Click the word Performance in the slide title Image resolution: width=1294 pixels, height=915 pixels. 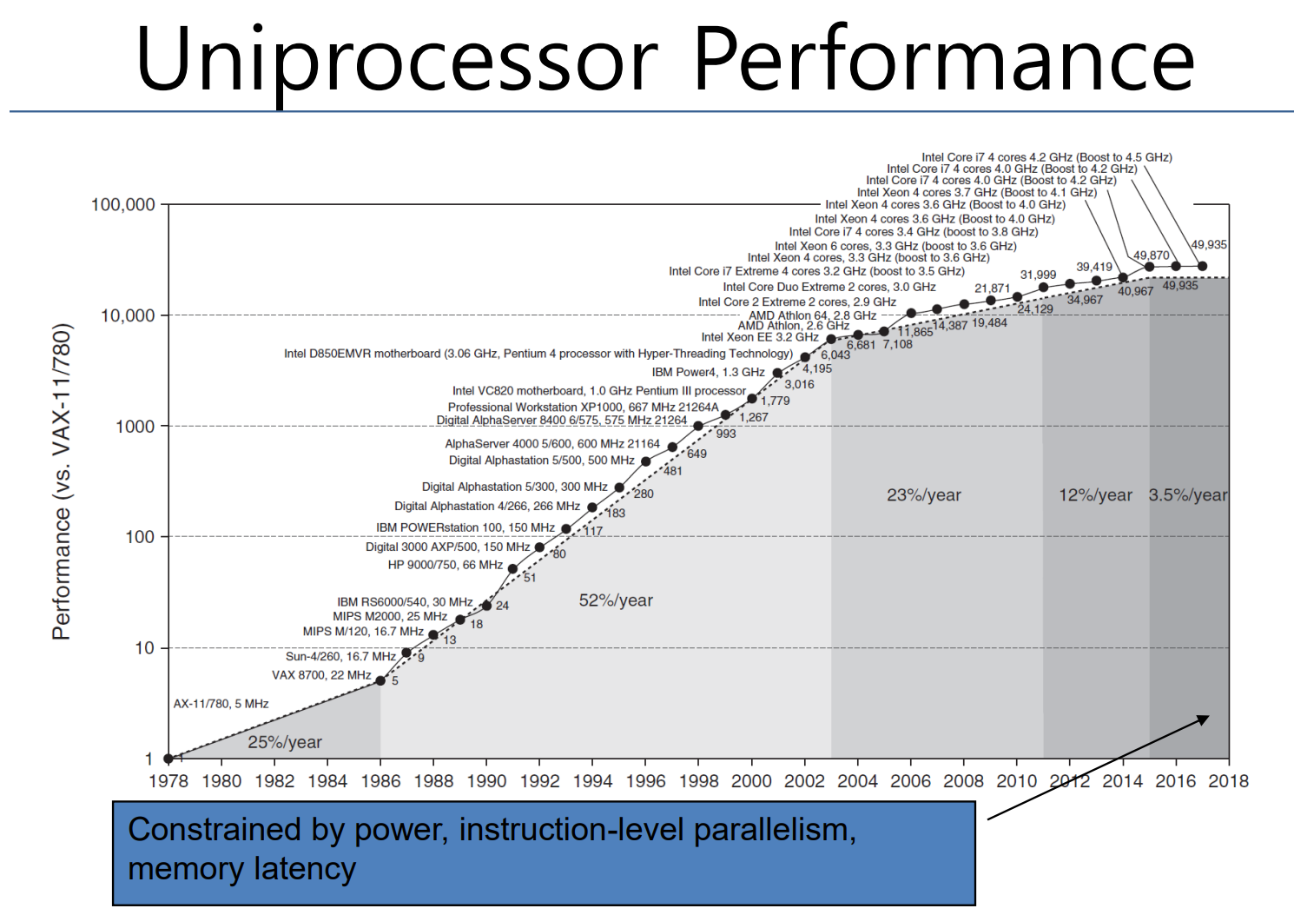[x=943, y=59]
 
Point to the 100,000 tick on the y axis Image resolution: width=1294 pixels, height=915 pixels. [x=123, y=204]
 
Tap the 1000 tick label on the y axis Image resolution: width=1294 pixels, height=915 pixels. [x=135, y=426]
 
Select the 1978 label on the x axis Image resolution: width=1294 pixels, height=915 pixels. [x=168, y=780]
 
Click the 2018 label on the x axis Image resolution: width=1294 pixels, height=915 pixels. [x=1228, y=780]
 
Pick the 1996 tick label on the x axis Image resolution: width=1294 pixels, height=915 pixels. [x=645, y=780]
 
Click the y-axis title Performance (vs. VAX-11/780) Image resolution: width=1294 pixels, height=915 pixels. [x=61, y=482]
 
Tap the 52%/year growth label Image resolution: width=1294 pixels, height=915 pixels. [x=616, y=600]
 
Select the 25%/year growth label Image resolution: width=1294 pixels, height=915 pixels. [x=285, y=742]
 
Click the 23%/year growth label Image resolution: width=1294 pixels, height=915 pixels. [x=923, y=495]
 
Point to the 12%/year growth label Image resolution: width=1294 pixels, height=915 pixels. [x=1095, y=495]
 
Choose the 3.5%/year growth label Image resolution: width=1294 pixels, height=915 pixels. [x=1188, y=495]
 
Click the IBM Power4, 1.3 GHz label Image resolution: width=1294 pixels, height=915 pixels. [x=708, y=372]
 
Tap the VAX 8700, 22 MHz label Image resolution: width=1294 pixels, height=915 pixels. [x=321, y=675]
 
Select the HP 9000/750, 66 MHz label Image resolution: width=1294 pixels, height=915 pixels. [x=445, y=565]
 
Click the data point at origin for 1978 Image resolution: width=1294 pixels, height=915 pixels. [x=168, y=759]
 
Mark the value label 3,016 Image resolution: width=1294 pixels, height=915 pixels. [x=799, y=384]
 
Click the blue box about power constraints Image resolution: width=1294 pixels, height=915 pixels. [x=544, y=852]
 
